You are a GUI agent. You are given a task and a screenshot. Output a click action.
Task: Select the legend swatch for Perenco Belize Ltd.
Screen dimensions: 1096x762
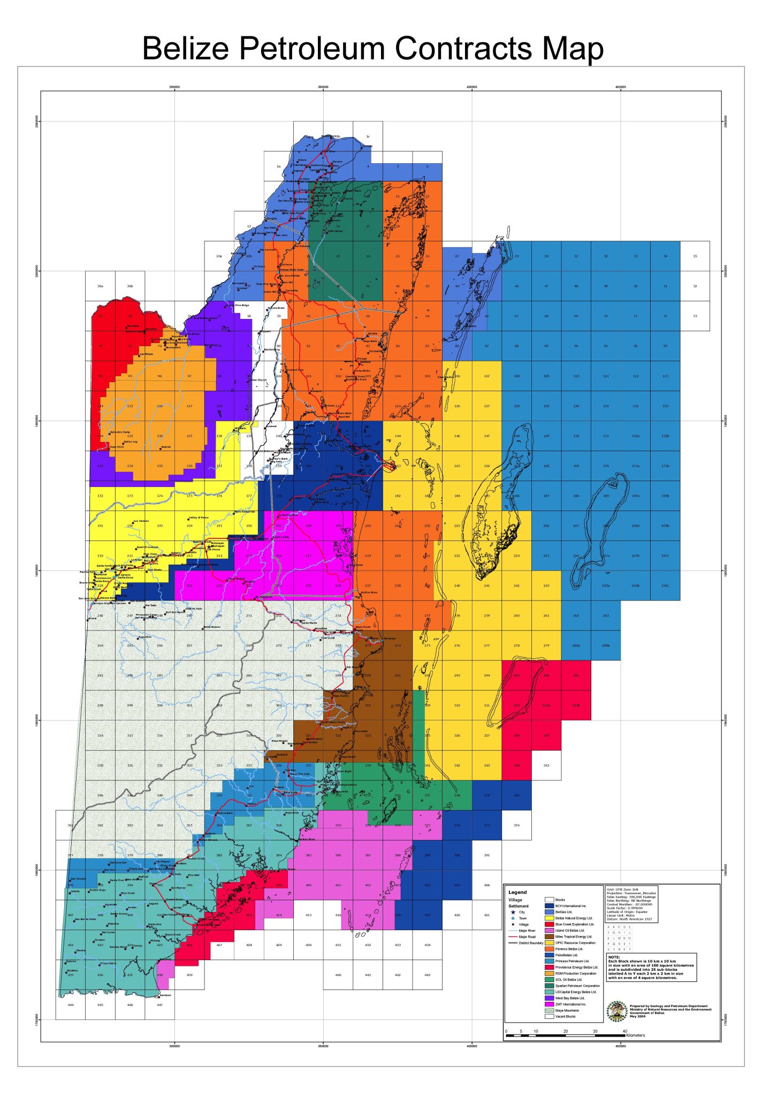tap(549, 949)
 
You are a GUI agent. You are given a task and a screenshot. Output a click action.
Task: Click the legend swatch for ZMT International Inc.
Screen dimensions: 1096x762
tap(549, 1004)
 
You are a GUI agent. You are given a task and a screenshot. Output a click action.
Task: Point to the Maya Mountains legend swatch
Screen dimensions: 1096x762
tap(549, 1010)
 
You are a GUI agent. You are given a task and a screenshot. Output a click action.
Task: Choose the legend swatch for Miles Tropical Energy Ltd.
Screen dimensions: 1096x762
tap(549, 937)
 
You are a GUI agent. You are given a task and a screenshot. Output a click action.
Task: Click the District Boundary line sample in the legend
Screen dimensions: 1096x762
tap(513, 943)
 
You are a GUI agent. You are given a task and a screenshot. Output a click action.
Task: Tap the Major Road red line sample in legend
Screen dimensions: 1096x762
tap(513, 937)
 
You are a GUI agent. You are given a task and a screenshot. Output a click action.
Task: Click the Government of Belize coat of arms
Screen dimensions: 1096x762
tap(617, 1011)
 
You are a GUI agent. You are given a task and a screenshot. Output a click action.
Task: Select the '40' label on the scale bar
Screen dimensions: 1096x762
tap(624, 1031)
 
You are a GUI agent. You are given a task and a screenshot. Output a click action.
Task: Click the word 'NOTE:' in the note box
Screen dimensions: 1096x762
tap(614, 957)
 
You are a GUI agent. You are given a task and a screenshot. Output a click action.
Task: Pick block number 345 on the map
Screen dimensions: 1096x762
tap(546, 765)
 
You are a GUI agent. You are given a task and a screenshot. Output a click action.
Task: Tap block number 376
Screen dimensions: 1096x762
tap(516, 825)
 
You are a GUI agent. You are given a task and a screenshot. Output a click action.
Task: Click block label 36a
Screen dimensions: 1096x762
tap(100, 286)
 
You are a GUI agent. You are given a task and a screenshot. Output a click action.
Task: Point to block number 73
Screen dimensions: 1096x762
tap(695, 316)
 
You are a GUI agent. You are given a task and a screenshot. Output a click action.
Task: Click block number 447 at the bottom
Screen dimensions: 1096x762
tap(159, 1005)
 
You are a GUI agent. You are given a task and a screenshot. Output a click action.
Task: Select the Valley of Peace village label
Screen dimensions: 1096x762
tap(199, 517)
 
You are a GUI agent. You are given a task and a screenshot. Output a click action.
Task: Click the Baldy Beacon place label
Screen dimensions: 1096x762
tap(212, 627)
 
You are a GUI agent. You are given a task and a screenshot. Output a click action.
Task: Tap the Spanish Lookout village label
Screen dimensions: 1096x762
tap(148, 547)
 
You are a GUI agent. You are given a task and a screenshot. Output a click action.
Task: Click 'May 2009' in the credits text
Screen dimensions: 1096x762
tap(638, 1016)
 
